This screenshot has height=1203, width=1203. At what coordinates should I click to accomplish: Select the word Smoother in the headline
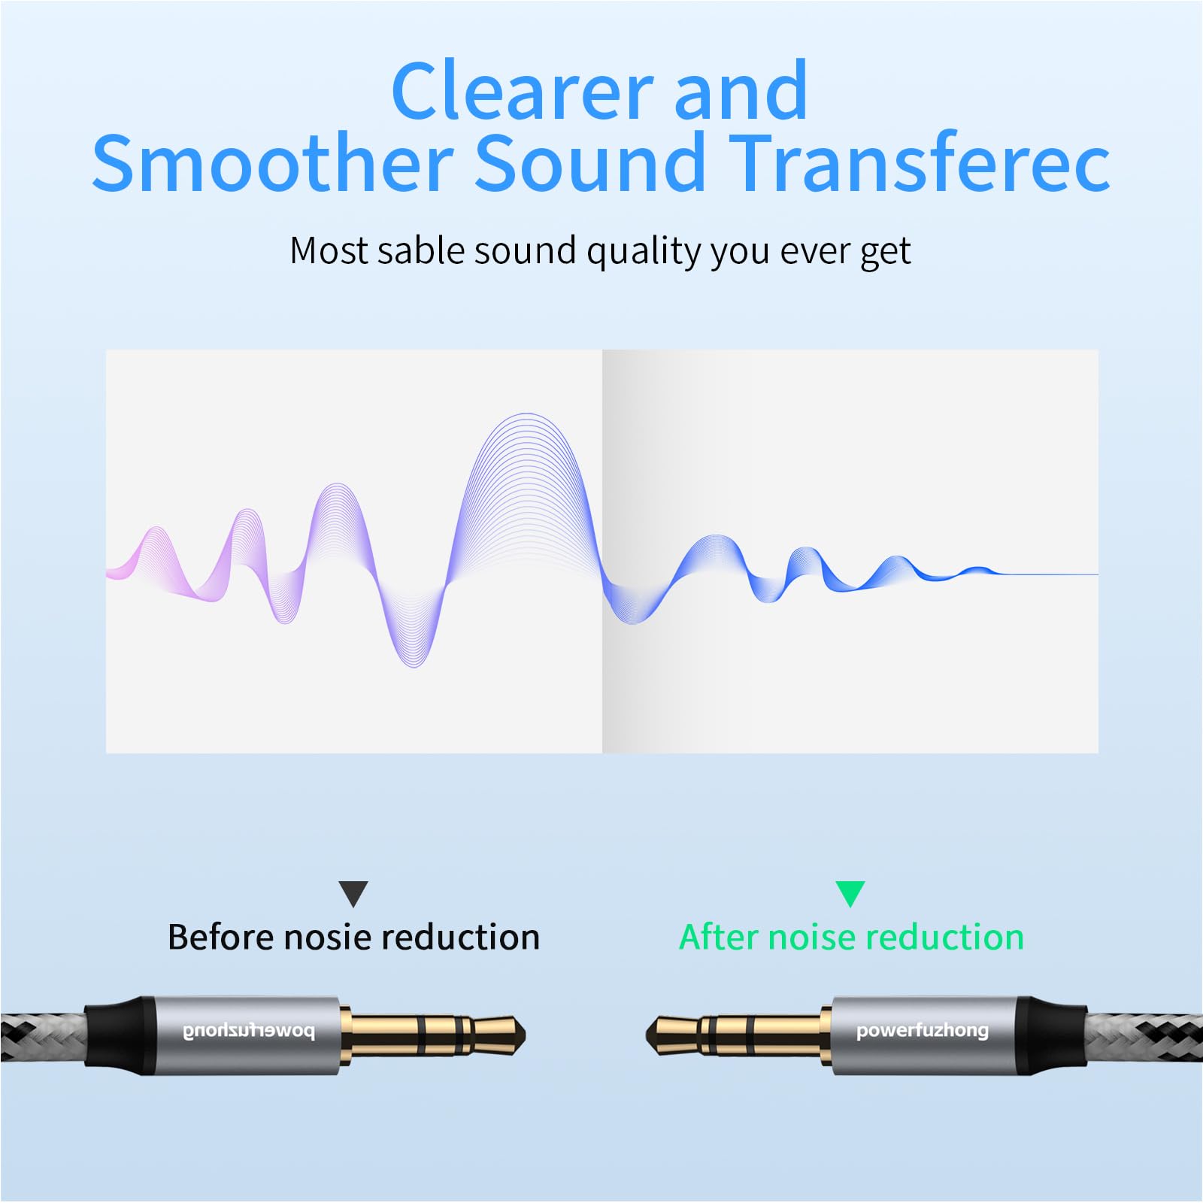coord(272,162)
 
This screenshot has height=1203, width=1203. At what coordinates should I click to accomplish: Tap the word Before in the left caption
coord(221,938)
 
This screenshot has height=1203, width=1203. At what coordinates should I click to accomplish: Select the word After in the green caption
coord(718,938)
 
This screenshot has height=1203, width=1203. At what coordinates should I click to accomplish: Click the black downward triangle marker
coord(353,894)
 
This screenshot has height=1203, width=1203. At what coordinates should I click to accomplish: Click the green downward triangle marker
coord(850,894)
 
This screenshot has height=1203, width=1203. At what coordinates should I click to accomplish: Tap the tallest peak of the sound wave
coord(528,414)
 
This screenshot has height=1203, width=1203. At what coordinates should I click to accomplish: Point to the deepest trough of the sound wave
coord(414,665)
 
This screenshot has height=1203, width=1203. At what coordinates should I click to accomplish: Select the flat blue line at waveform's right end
coord(1049,574)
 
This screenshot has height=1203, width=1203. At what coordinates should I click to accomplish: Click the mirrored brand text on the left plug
coord(249,1032)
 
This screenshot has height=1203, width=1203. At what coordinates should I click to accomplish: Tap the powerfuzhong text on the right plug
coord(923,1031)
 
